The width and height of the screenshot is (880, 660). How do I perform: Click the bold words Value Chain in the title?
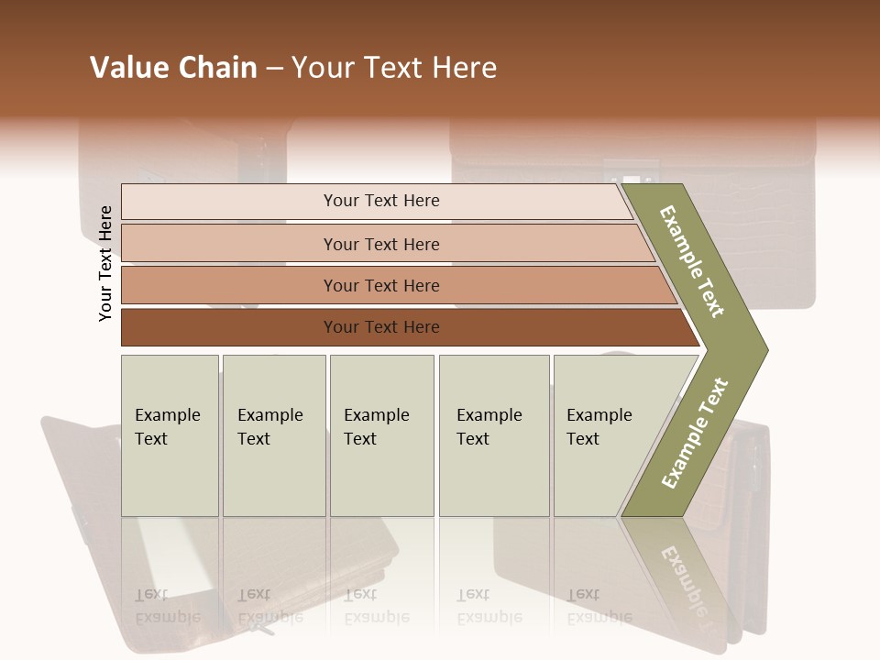(x=173, y=68)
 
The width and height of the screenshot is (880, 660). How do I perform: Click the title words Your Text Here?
(x=394, y=68)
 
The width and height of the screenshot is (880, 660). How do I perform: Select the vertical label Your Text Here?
(x=105, y=263)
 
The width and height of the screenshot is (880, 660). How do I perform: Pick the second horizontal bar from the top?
(x=380, y=244)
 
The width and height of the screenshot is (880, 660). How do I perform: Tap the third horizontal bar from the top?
(x=380, y=285)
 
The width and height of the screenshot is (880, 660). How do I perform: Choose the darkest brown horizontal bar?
(x=380, y=327)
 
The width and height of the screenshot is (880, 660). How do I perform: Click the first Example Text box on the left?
(x=170, y=435)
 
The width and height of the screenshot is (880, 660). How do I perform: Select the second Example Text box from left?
(x=274, y=435)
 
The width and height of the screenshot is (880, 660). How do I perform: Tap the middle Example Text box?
(x=381, y=435)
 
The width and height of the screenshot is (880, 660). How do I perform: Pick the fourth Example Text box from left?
(x=494, y=435)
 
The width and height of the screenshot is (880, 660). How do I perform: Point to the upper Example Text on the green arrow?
(x=693, y=261)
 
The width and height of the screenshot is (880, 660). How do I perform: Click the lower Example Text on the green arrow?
(x=695, y=433)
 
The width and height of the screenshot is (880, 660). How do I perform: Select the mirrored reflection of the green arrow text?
(x=684, y=577)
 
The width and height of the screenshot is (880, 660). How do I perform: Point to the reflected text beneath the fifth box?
(x=599, y=606)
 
